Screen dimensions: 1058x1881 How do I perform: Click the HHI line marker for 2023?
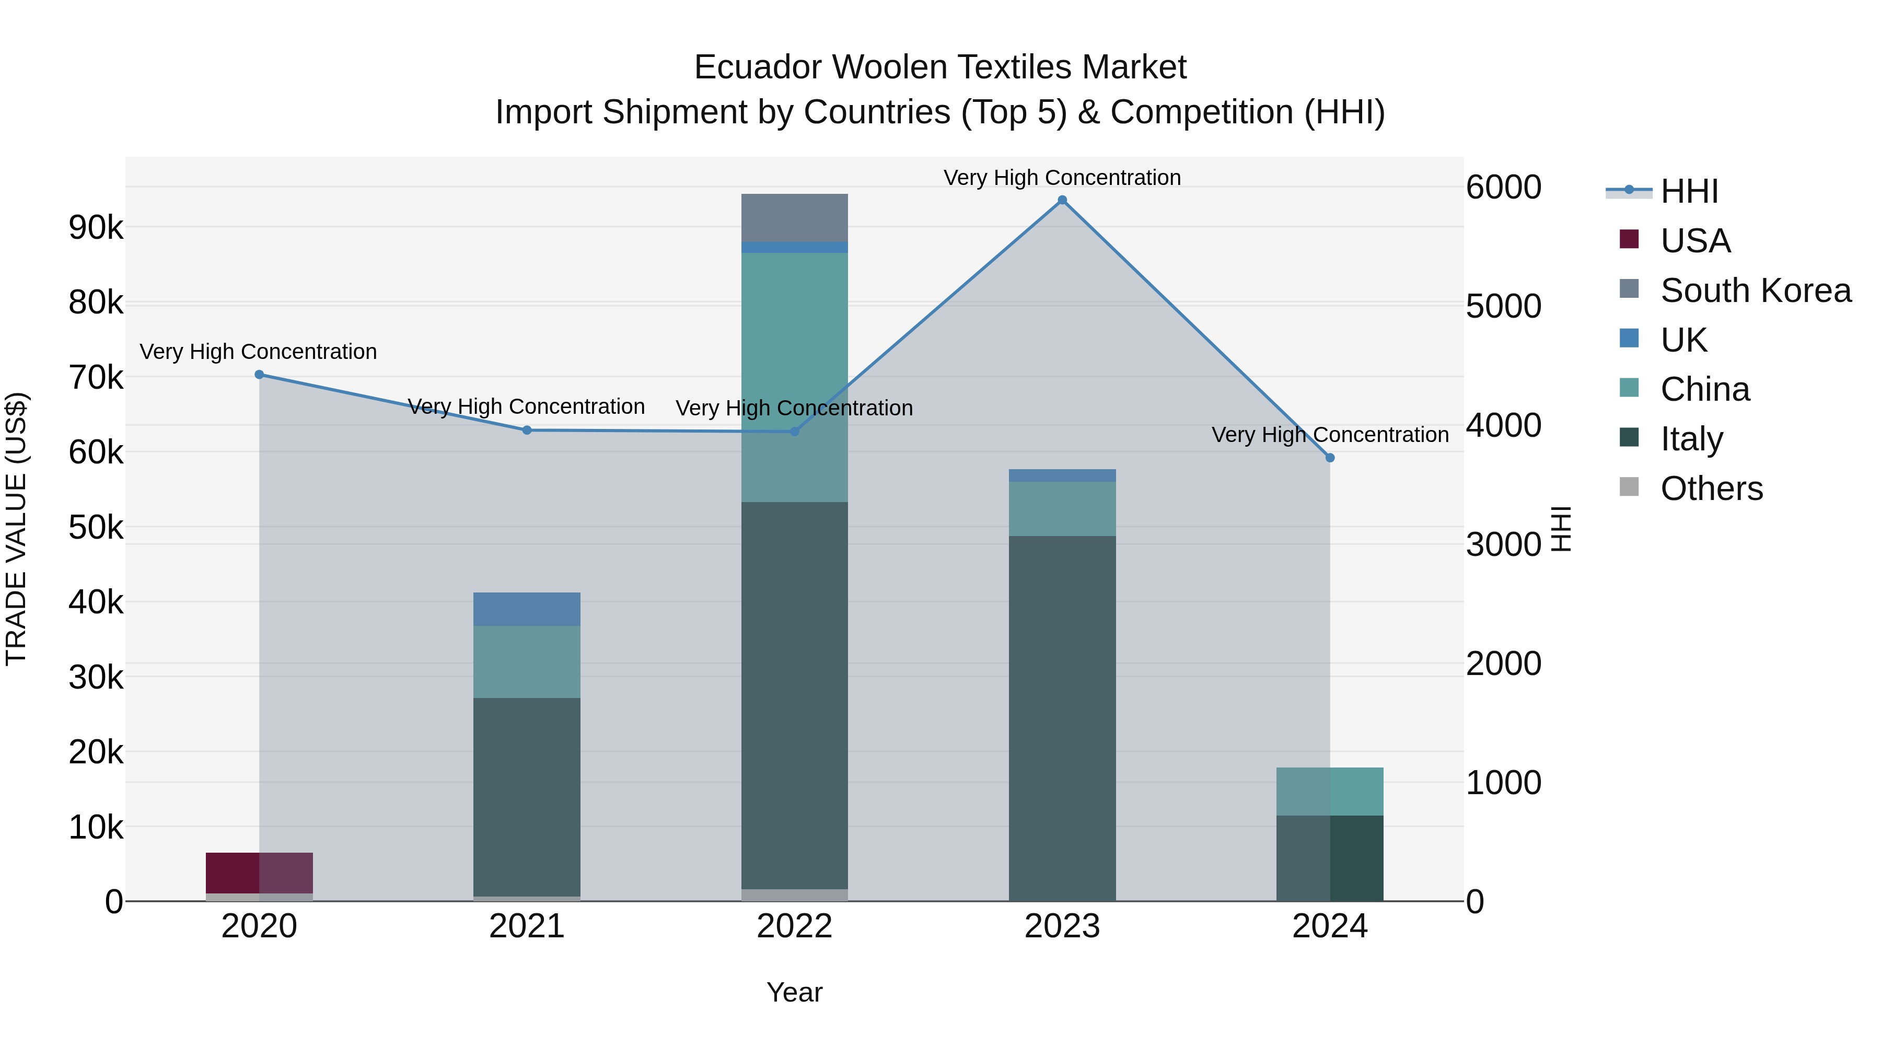point(1062,200)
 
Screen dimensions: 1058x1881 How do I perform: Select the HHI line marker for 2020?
point(259,375)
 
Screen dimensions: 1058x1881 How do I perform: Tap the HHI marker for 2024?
point(1330,458)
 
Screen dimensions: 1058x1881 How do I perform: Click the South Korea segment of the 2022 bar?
point(794,217)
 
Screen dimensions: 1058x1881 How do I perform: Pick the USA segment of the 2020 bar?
point(259,873)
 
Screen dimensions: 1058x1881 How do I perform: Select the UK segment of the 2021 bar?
point(527,609)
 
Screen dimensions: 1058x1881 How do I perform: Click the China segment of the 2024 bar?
point(1330,792)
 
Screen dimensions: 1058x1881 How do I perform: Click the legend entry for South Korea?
point(1756,290)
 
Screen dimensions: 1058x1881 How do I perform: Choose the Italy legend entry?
point(1691,439)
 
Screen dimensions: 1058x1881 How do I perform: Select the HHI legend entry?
point(1689,191)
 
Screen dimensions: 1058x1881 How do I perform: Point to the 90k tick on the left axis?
point(96,228)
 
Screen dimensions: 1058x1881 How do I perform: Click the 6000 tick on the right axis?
point(1503,187)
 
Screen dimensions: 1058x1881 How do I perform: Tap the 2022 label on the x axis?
point(794,926)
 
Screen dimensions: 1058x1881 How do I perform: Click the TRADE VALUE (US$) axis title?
point(16,529)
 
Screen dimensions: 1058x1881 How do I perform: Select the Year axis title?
point(794,992)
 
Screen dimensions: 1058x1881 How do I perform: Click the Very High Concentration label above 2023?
point(1062,178)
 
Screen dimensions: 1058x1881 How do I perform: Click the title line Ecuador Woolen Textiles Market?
point(940,67)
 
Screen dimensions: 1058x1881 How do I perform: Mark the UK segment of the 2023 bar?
point(1062,475)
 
